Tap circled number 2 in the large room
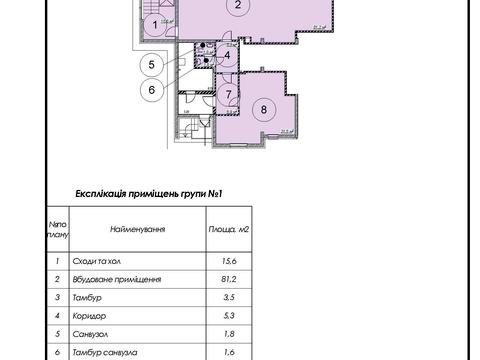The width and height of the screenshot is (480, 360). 237,6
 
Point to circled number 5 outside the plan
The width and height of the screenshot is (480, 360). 151,66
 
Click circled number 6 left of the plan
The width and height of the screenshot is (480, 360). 151,89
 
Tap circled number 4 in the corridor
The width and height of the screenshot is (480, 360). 229,55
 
